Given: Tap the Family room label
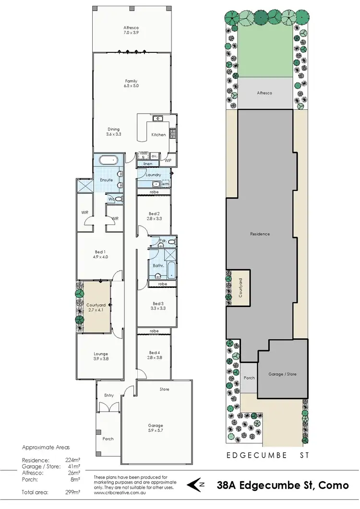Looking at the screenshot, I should point(131,83).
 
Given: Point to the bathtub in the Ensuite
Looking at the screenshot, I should point(110,160).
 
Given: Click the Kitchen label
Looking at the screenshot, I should point(158,135).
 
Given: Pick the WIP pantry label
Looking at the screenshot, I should point(168,161).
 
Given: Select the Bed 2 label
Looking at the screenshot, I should point(154,216).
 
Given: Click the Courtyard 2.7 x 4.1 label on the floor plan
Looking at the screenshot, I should point(95,308).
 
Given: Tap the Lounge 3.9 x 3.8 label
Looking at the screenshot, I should point(100,356).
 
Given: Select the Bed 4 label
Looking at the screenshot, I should point(154,355).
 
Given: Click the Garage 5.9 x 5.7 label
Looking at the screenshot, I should point(156,428).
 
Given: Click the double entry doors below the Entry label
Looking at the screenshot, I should point(108,407).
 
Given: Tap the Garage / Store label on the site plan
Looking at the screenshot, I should point(282,374).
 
